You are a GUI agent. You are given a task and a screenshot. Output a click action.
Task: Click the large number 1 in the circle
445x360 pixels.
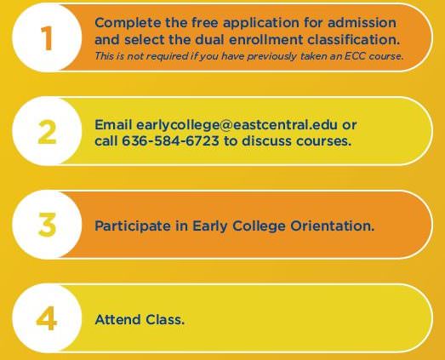(47, 38)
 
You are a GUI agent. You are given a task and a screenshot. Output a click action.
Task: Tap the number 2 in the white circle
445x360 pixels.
(47, 132)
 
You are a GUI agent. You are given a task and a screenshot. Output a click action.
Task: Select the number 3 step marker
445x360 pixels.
(47, 226)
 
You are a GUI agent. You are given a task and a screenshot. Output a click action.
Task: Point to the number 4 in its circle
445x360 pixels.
(47, 318)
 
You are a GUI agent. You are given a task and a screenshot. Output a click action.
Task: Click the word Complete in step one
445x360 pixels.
(128, 23)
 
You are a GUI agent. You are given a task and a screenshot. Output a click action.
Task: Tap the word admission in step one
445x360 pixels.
(362, 22)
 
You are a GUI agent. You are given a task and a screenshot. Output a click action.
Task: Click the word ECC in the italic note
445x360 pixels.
(355, 56)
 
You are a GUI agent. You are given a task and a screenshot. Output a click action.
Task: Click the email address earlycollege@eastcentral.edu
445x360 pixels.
(237, 125)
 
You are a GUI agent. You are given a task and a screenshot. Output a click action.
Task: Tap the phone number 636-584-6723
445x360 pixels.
(170, 140)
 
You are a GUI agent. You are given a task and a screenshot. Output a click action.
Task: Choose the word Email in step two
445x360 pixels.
(113, 124)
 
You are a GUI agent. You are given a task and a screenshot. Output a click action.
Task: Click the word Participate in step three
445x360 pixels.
(133, 226)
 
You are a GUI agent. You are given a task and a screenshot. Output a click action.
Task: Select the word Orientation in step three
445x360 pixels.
(333, 226)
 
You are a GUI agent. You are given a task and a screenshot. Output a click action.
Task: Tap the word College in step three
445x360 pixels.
(259, 226)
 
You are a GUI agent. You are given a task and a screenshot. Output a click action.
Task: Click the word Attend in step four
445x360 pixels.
(117, 320)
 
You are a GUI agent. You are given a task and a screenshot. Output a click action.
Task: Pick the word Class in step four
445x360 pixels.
(165, 320)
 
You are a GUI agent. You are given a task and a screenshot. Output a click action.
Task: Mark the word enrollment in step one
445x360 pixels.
(266, 39)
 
